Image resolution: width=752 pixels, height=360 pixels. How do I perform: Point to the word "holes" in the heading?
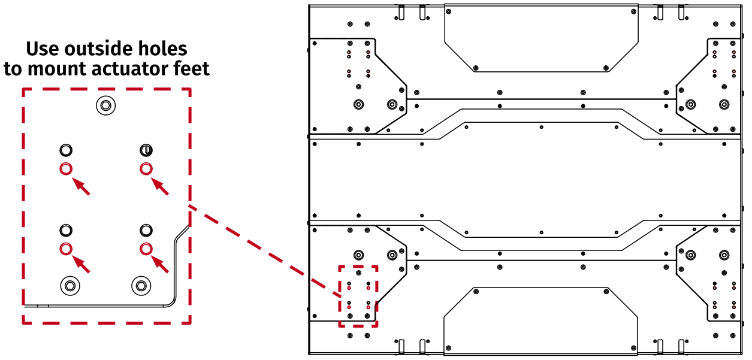click(161, 49)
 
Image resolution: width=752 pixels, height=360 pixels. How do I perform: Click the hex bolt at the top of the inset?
click(106, 106)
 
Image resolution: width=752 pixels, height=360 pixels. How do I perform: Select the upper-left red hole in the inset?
click(66, 168)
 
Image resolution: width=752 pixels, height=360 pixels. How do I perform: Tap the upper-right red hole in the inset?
click(145, 168)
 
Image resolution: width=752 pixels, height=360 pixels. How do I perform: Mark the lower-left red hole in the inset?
click(66, 249)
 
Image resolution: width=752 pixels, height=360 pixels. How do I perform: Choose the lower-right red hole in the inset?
click(145, 249)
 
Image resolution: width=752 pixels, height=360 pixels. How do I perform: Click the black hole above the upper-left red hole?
click(66, 150)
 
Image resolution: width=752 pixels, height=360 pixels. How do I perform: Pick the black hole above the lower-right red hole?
click(145, 230)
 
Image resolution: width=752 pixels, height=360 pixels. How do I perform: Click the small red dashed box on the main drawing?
click(358, 296)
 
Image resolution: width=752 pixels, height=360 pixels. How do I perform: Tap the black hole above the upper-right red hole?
click(145, 150)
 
